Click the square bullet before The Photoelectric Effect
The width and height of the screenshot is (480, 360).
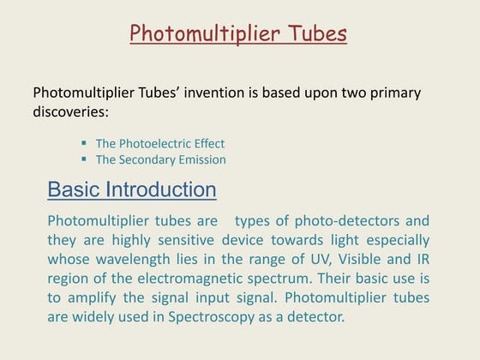click(84, 143)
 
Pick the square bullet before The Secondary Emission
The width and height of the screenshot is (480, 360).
click(84, 159)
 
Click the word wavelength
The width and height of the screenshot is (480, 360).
click(127, 260)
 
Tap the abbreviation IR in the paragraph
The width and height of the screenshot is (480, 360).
click(422, 260)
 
